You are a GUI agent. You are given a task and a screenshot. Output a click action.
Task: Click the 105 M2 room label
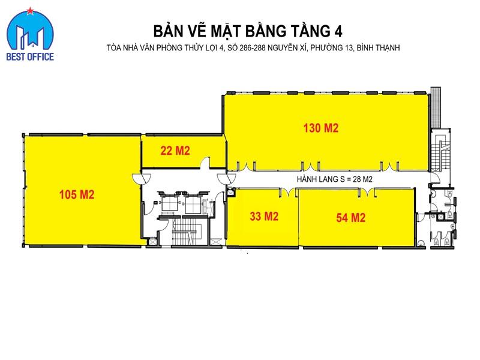pyautogui.click(x=77, y=194)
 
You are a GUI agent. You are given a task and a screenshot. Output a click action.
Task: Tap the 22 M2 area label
pyautogui.click(x=175, y=151)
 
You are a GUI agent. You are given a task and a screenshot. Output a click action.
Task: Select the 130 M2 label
pyautogui.click(x=321, y=128)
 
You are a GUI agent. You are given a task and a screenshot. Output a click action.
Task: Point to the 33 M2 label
pyautogui.click(x=263, y=217)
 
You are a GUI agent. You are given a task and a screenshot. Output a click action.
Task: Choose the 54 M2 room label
pyautogui.click(x=351, y=218)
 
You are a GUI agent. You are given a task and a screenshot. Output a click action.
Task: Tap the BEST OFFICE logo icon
pyautogui.click(x=29, y=32)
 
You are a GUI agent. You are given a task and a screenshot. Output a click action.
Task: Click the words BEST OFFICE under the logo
pyautogui.click(x=29, y=57)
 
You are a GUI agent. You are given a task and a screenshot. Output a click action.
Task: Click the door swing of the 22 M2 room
pyautogui.click(x=205, y=163)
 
